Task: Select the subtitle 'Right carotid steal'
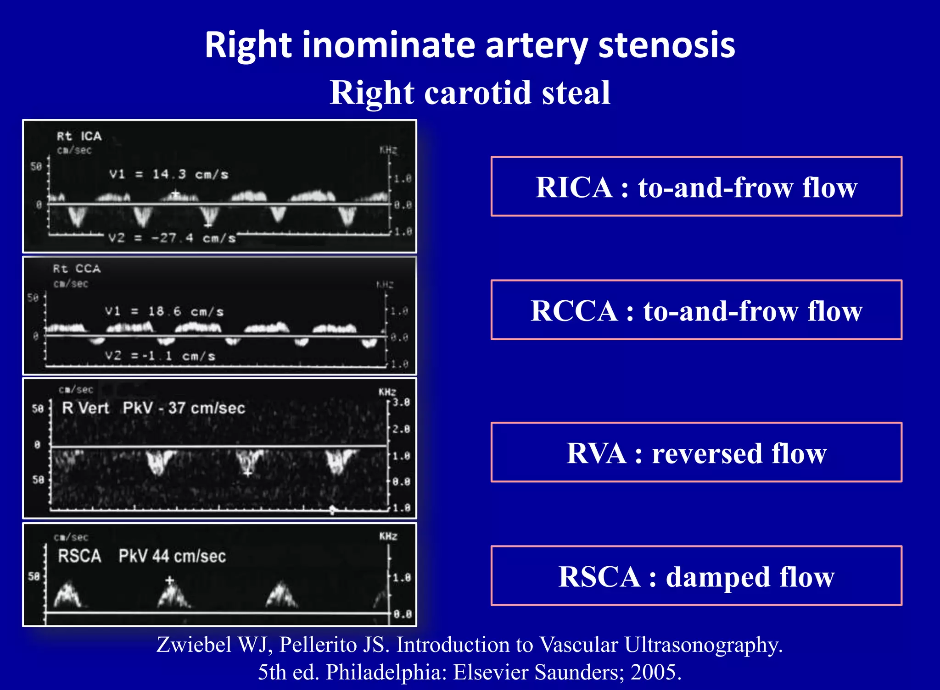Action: pos(470,93)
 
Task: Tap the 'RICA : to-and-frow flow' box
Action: pos(696,187)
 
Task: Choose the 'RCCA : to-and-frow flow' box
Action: pos(696,310)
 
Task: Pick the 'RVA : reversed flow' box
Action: pos(696,453)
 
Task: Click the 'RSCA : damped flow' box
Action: pos(696,576)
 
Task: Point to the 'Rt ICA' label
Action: pos(79,136)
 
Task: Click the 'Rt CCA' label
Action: pos(77,269)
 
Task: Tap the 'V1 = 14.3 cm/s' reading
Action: pos(168,174)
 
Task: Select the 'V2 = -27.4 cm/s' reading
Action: pos(172,238)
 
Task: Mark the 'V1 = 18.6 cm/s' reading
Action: pos(164,312)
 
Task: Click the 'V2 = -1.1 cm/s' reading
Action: pos(160,356)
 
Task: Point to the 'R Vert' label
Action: pos(85,408)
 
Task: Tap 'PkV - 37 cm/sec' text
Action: pos(184,408)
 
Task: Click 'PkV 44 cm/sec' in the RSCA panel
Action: pos(172,556)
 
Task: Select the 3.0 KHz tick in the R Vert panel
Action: pos(401,403)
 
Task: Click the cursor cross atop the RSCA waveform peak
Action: pos(170,580)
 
